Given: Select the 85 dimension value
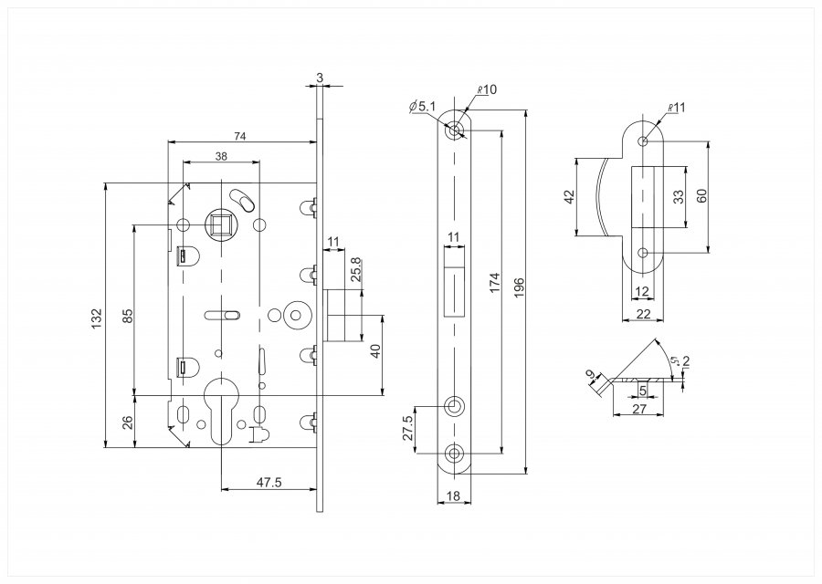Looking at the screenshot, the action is [x=127, y=315].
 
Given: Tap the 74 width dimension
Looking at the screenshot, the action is [x=239, y=136].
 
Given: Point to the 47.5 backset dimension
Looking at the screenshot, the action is [x=270, y=482].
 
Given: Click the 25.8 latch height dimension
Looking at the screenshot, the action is [x=356, y=270].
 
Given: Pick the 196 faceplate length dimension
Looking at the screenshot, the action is [x=519, y=288].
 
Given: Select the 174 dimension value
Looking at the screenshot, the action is [x=495, y=283].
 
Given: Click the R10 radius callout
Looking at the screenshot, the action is [x=487, y=89].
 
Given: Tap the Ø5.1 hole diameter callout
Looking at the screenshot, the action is [x=423, y=107].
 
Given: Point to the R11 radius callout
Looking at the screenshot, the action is [x=677, y=108].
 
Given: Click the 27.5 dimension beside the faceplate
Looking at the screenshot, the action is [x=409, y=428].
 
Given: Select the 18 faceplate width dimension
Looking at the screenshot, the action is [x=454, y=495].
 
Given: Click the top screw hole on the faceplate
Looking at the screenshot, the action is [x=454, y=130].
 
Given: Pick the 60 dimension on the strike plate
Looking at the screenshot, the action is [x=702, y=195].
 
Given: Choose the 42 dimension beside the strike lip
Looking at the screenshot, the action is [x=570, y=196].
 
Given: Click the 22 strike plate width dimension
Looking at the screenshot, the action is [x=643, y=314].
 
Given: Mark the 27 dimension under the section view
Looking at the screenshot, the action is [x=639, y=409].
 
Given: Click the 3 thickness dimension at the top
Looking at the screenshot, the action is [x=320, y=78].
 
